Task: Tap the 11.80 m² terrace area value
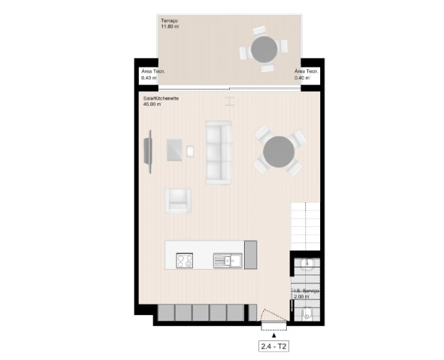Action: pos(169,27)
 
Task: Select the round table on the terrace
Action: pos(264,48)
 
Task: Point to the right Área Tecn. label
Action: pos(307,72)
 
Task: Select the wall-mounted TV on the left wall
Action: pos(148,152)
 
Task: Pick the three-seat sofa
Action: pos(219,152)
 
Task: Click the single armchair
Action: pos(179,200)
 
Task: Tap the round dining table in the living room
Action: pos(277,152)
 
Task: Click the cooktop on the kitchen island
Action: pos(185,260)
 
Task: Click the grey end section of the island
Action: pos(250,255)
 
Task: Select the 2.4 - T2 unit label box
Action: pos(273,347)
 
